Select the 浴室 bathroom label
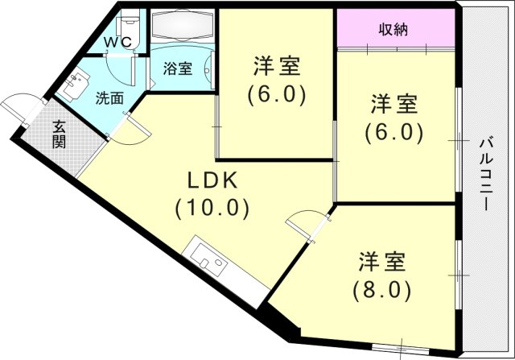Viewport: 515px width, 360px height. [x=177, y=68]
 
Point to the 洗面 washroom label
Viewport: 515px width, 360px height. [x=109, y=99]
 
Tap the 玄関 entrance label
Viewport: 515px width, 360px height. [x=60, y=134]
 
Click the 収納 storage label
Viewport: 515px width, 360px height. [x=393, y=30]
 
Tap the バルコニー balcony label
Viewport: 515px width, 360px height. [x=485, y=174]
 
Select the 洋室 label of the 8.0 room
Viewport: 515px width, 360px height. [x=382, y=261]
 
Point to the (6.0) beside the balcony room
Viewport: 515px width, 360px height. [x=393, y=131]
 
